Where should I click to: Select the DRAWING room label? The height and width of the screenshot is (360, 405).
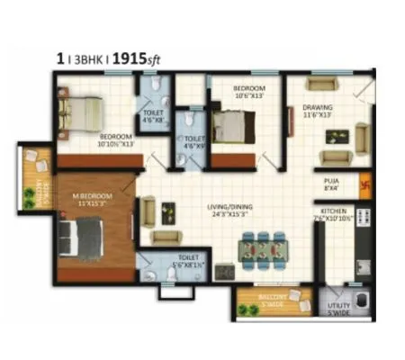pyautogui.click(x=318, y=107)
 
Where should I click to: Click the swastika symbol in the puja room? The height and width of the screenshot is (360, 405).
pyautogui.click(x=364, y=185)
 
